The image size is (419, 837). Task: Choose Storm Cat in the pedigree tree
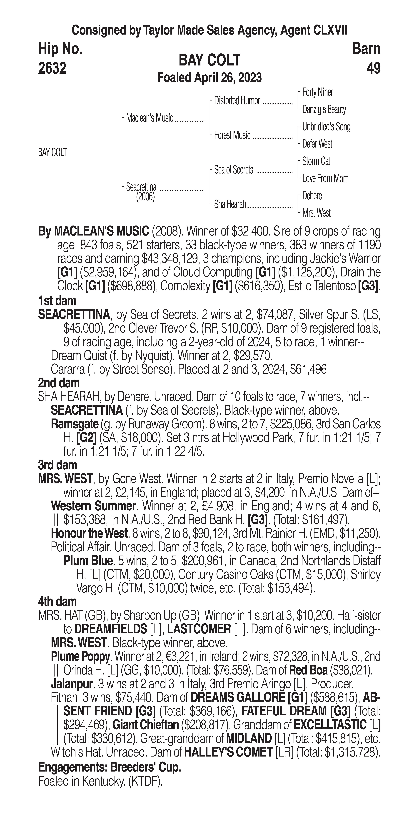(316, 161)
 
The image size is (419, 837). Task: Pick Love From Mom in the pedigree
(325, 178)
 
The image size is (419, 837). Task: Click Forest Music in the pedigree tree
(232, 135)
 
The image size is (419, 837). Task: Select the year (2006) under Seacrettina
(145, 197)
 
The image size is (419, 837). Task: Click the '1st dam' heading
(57, 301)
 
